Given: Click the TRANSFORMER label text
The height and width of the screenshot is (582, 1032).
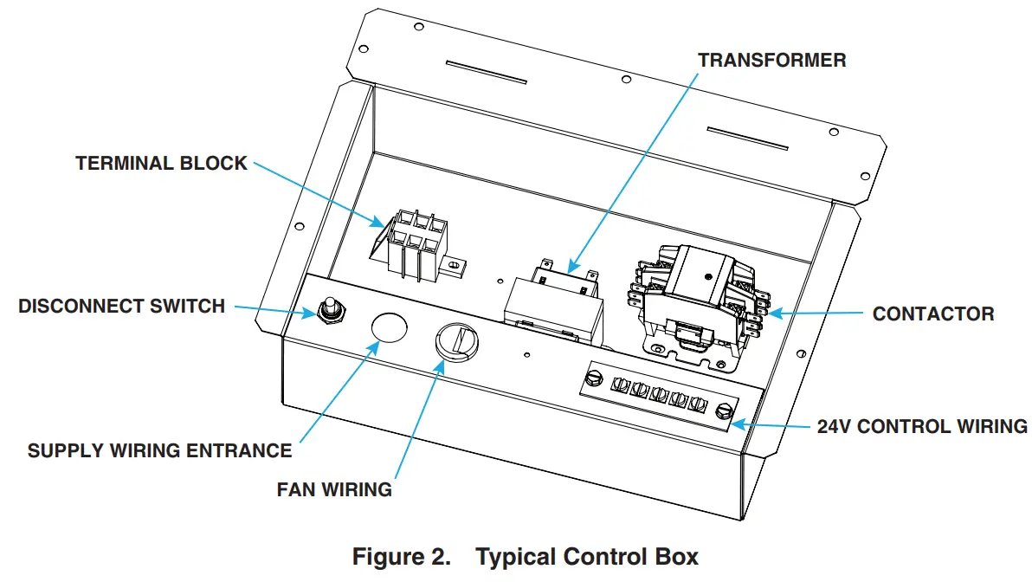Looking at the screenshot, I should pos(771,61).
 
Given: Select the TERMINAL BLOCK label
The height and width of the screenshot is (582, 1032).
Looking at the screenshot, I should pos(161,164).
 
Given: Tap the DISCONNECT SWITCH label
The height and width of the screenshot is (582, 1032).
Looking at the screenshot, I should pos(121,306).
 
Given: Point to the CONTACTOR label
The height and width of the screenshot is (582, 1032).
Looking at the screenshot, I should pos(933,314).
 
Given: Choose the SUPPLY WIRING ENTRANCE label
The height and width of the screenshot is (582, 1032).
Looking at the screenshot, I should pos(159,451).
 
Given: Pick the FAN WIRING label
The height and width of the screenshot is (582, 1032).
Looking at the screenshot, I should pos(334,489).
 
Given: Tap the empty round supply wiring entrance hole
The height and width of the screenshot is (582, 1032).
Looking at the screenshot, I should pos(389,328).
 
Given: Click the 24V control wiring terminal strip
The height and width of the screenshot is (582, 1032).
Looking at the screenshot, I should pos(659,395).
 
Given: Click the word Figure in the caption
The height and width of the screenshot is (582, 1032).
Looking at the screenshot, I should pos(401,556).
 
